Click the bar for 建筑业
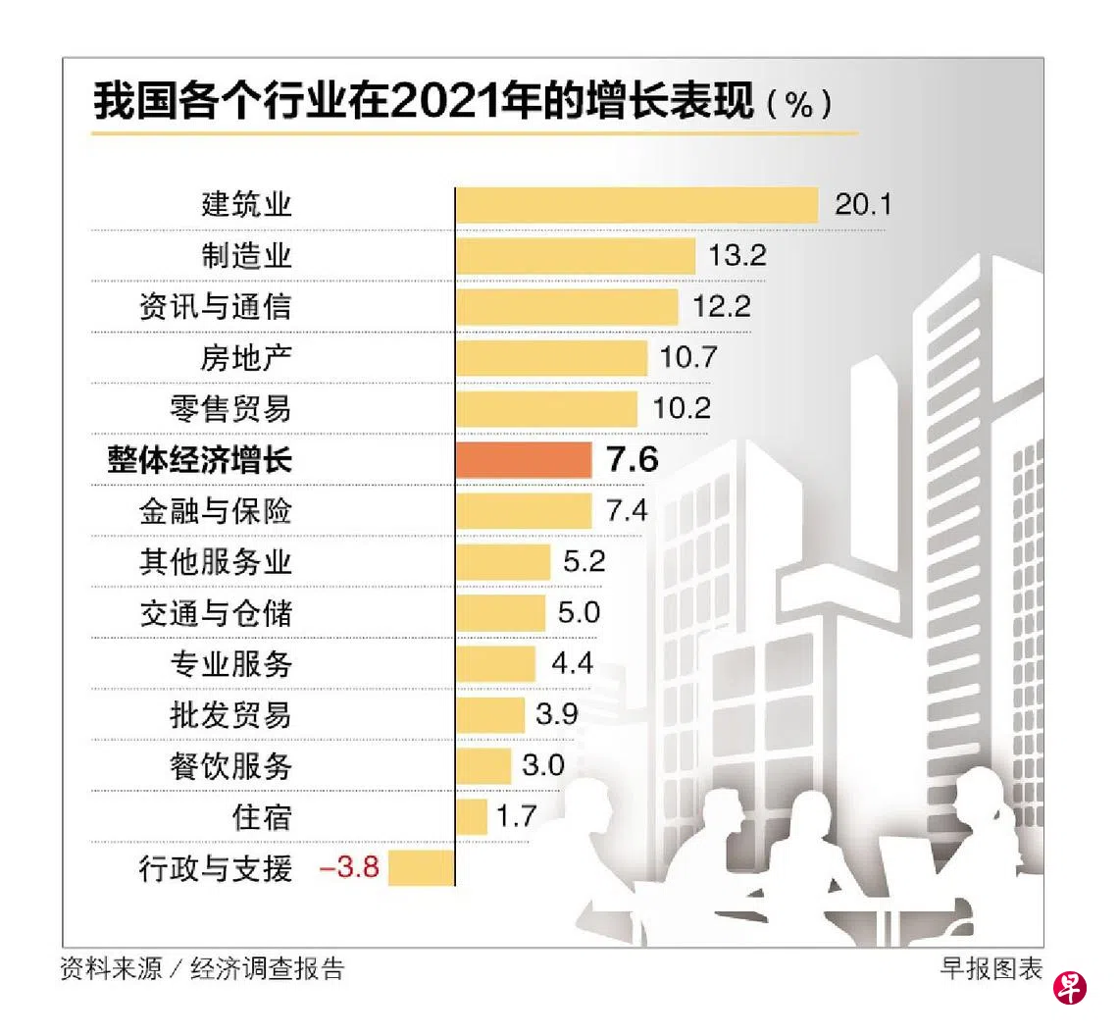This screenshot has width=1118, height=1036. click(x=636, y=205)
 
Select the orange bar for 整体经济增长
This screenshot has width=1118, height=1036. click(x=524, y=459)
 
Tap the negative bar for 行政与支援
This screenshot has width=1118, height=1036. click(x=422, y=867)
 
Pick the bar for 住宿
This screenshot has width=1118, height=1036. click(x=472, y=816)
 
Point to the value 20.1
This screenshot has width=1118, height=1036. click(x=862, y=205)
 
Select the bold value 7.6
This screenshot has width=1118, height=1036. click(x=633, y=459)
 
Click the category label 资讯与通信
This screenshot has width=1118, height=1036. click(x=216, y=307)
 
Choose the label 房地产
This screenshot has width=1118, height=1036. click(x=246, y=358)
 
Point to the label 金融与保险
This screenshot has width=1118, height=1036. click(x=216, y=511)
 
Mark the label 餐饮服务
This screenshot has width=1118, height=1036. click(x=231, y=765)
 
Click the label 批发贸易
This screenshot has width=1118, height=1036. click(x=231, y=714)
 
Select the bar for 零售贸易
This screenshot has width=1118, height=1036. click(x=546, y=408)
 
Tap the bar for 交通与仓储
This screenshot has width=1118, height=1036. click(x=500, y=613)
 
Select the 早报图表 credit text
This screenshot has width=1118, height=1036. click(x=991, y=969)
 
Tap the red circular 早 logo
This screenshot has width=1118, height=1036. click(x=1070, y=988)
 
